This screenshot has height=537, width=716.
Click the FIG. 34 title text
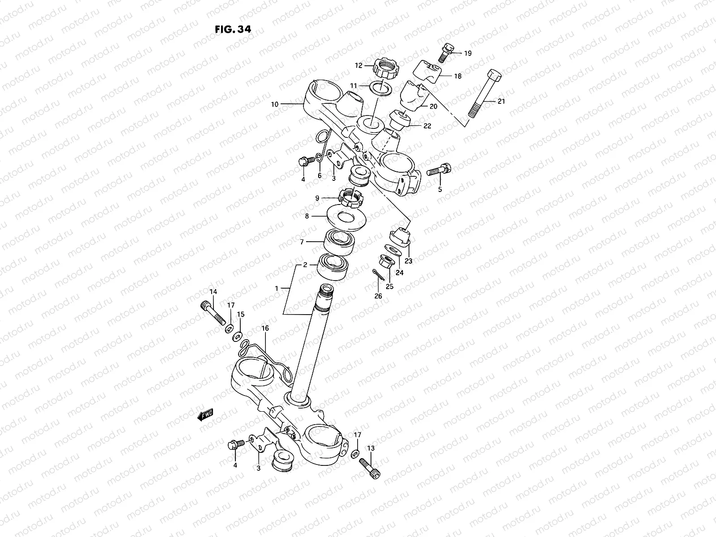click(x=233, y=29)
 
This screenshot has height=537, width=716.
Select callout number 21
click(x=501, y=102)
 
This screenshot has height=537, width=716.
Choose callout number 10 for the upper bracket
click(x=274, y=104)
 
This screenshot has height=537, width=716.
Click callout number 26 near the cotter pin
click(x=378, y=296)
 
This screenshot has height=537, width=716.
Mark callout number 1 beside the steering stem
click(x=277, y=289)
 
